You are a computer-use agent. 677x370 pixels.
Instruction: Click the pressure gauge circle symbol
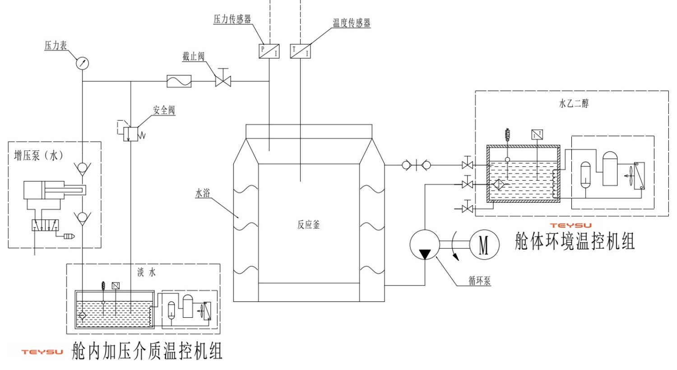(x=82, y=63)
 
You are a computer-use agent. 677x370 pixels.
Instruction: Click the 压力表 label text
(x=56, y=46)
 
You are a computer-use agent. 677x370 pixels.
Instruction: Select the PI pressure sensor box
(x=269, y=51)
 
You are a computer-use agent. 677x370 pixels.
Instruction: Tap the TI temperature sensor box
(x=301, y=51)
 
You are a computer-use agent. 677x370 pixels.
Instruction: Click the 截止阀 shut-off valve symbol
(x=223, y=81)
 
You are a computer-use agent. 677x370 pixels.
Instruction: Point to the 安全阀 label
(x=163, y=110)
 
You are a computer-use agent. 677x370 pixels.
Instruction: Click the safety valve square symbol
(x=130, y=134)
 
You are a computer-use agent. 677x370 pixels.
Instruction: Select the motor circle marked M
(x=484, y=245)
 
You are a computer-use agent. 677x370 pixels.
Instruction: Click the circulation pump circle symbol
(x=425, y=245)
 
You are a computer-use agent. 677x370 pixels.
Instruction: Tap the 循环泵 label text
(x=479, y=281)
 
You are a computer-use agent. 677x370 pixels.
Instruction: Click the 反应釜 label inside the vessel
(x=308, y=224)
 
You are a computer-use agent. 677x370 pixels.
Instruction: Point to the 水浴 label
(x=203, y=193)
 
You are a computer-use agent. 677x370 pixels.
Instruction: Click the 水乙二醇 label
(x=574, y=103)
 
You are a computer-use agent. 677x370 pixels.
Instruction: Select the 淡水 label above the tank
(x=147, y=272)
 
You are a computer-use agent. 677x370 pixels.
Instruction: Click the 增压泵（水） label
(x=39, y=156)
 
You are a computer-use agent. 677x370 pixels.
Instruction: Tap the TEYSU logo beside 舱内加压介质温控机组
(x=42, y=352)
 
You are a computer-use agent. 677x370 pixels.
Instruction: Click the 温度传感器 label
(x=352, y=23)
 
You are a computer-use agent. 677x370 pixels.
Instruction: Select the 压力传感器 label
(x=232, y=19)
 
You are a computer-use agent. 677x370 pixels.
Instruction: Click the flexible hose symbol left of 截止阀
(x=179, y=81)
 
